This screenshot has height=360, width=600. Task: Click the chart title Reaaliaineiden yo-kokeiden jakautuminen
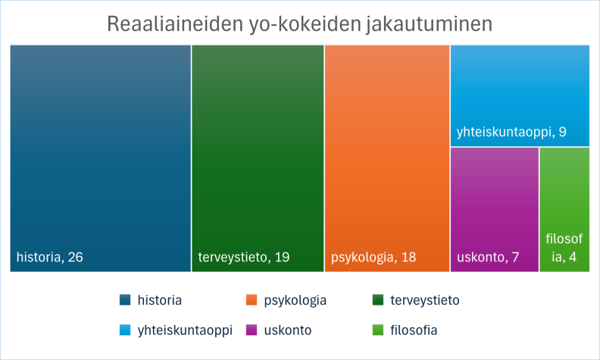[x=300, y=23]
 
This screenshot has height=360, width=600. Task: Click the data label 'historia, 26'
[x=50, y=257]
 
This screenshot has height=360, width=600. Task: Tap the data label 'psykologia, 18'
[x=373, y=257]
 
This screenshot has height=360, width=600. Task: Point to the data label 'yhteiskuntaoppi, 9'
[x=511, y=133]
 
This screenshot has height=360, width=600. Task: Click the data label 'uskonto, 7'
[x=488, y=257]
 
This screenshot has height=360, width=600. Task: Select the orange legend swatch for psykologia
[x=252, y=300]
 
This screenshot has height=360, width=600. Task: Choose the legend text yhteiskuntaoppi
[x=185, y=330]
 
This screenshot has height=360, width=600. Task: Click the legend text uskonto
[x=287, y=330]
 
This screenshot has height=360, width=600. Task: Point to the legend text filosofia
[x=414, y=330]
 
